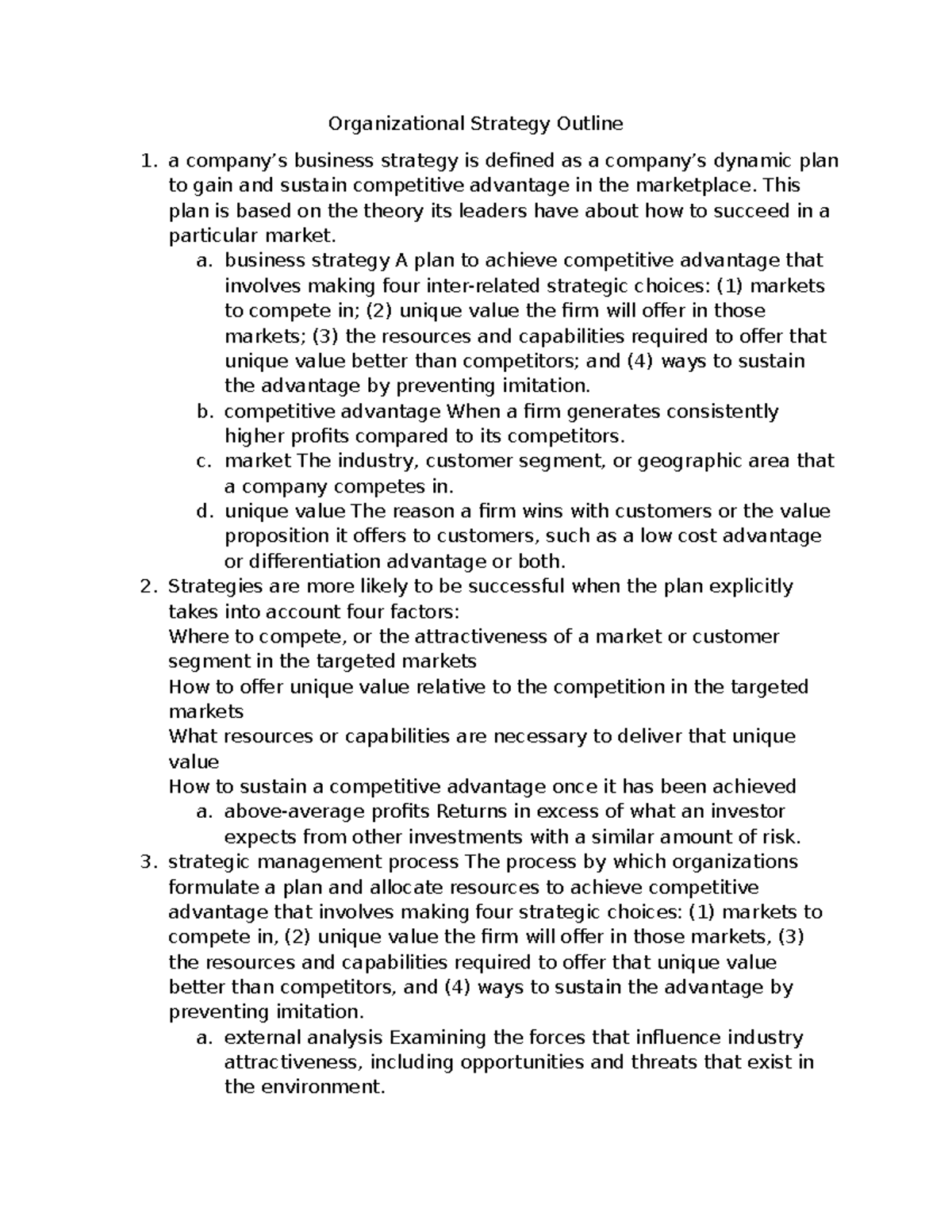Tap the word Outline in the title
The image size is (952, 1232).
click(589, 124)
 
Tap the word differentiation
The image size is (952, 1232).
click(314, 562)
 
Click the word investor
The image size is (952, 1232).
click(747, 812)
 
